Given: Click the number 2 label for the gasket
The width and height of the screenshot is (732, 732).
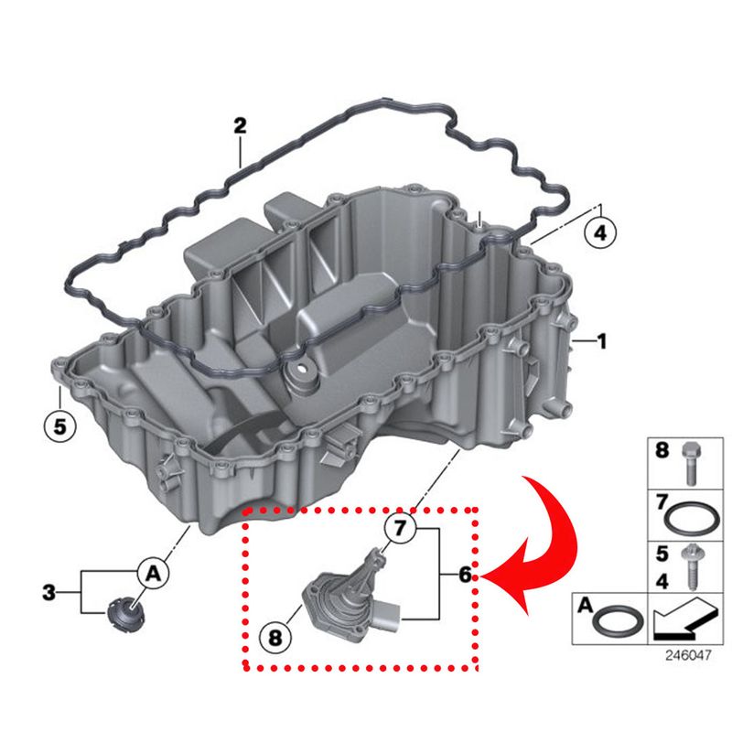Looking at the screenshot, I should tap(240, 126).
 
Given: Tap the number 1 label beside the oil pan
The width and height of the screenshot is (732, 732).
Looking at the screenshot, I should tap(601, 342).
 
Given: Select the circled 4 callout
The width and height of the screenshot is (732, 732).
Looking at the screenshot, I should tap(599, 234).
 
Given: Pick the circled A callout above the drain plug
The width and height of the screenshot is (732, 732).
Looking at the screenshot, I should tap(153, 574).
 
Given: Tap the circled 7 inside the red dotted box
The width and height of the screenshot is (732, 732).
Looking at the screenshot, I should tap(399, 527).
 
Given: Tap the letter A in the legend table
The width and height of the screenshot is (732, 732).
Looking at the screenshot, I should tap(584, 605).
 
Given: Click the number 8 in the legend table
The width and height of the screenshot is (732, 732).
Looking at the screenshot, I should tap(662, 450).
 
